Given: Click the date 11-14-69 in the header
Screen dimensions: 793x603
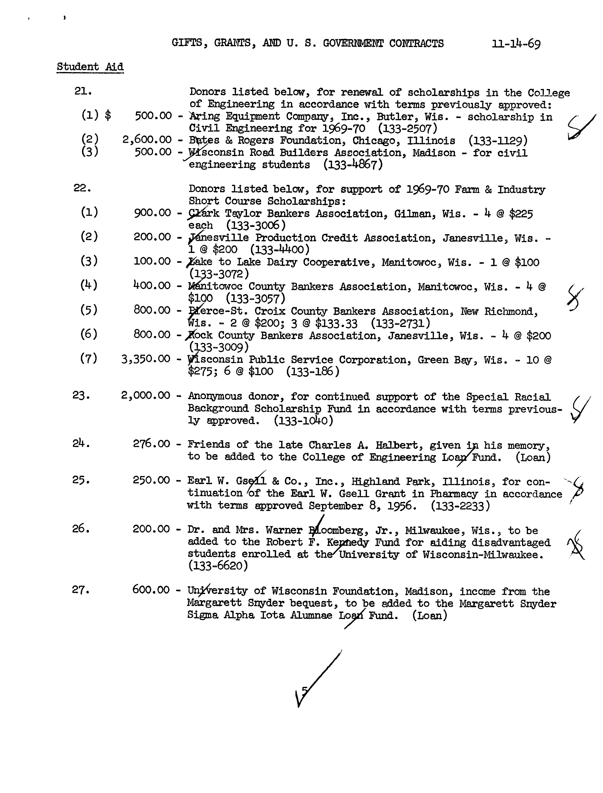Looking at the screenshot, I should pyautogui.click(x=516, y=44).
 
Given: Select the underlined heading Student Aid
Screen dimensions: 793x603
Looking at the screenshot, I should pyautogui.click(x=90, y=67).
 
